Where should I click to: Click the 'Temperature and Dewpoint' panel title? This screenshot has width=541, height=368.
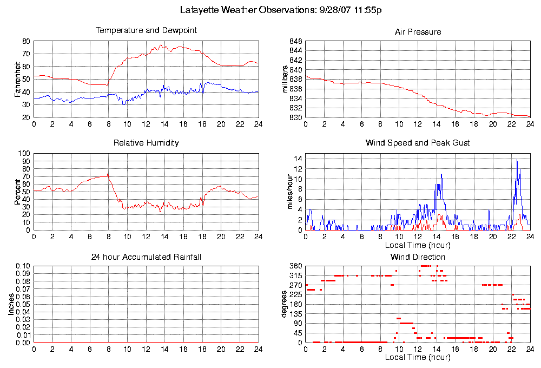click(x=146, y=30)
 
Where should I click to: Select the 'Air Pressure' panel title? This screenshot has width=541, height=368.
click(x=418, y=32)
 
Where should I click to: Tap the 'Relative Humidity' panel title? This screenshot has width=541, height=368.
click(x=146, y=143)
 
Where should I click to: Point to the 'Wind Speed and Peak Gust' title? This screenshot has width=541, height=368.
click(x=418, y=143)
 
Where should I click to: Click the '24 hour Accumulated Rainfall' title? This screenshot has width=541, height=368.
click(x=146, y=257)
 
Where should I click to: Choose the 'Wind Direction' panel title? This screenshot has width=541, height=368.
click(x=418, y=257)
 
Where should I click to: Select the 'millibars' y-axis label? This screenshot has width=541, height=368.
click(x=285, y=79)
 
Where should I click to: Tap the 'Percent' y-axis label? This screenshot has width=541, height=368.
click(x=18, y=192)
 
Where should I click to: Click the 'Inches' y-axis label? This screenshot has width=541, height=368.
click(x=11, y=305)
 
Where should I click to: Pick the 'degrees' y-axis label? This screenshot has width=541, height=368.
click(x=285, y=305)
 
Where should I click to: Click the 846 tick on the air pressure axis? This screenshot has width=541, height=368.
click(x=295, y=41)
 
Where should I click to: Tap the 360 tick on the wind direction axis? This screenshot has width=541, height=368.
click(x=295, y=266)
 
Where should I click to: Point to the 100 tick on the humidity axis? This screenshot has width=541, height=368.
click(x=25, y=154)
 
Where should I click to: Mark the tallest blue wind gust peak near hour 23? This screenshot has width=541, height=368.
click(x=517, y=160)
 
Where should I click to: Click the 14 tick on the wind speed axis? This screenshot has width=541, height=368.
click(x=298, y=159)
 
